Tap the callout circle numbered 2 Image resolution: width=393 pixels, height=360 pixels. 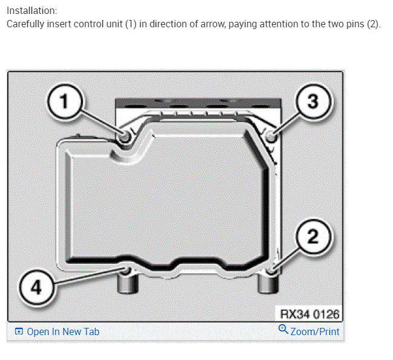(312, 237)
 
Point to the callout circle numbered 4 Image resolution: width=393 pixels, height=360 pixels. (36, 287)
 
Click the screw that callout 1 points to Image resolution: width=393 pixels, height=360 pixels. (126, 138)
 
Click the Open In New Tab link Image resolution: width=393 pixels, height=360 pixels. (63, 332)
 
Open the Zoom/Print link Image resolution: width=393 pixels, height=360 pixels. (315, 332)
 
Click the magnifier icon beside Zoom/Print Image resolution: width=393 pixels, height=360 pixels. (283, 330)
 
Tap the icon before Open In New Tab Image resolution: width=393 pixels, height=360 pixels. (19, 332)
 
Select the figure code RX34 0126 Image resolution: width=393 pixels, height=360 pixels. (309, 314)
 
